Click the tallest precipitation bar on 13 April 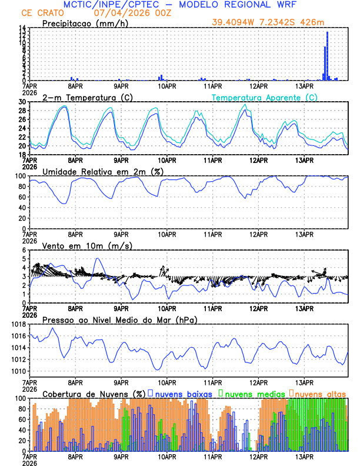click(327, 56)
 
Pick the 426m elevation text click(313, 22)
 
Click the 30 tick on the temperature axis click(21, 102)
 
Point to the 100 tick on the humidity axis click(19, 176)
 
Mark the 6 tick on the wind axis click(24, 250)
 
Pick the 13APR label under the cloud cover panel click(305, 456)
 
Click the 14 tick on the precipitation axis click(21, 28)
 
